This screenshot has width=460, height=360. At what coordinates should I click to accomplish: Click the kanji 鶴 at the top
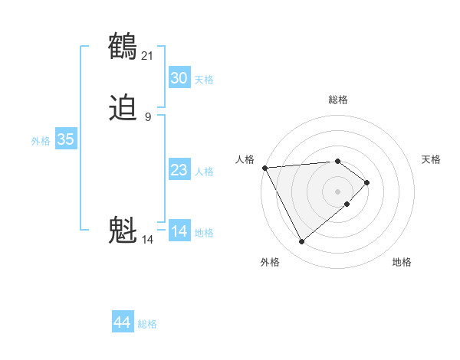(123, 45)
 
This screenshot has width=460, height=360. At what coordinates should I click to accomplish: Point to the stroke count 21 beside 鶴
(148, 54)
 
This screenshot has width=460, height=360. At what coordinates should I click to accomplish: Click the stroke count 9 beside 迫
(148, 117)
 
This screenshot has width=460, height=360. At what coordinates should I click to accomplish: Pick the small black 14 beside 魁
(147, 240)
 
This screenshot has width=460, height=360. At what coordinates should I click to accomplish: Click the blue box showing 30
(179, 78)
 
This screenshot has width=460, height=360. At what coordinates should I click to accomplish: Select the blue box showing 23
(179, 170)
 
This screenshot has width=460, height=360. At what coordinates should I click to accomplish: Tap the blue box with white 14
(179, 231)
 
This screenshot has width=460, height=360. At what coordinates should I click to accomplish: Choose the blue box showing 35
(65, 139)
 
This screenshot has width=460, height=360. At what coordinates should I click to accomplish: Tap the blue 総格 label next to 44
(147, 324)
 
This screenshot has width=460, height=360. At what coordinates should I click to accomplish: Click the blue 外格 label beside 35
(41, 141)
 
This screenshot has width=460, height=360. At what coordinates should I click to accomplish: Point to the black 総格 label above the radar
(338, 100)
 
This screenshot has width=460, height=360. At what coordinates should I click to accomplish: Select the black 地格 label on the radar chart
(402, 262)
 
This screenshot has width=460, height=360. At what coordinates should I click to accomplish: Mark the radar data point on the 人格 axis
(264, 167)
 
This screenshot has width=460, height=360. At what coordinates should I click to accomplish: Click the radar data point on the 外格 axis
(301, 242)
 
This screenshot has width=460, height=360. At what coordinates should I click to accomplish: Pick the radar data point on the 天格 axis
(367, 182)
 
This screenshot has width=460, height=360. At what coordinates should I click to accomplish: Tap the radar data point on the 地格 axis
(347, 204)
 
